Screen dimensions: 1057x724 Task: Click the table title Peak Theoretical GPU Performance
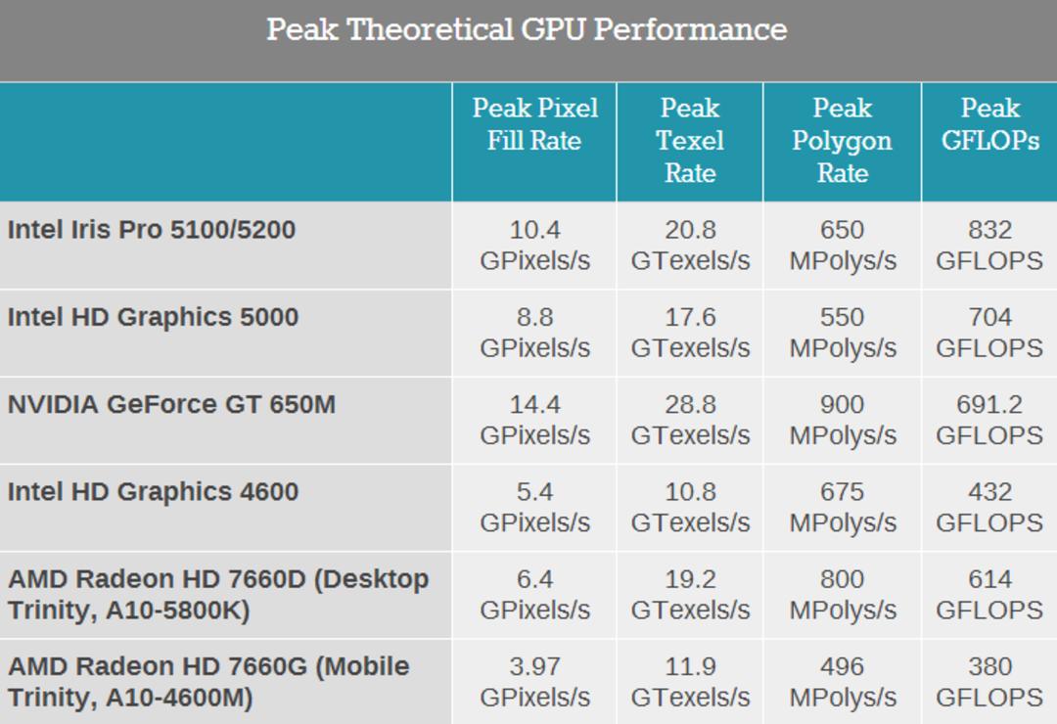[x=527, y=29]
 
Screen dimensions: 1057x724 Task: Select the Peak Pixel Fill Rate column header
[x=534, y=124]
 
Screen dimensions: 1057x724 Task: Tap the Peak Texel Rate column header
[x=690, y=140]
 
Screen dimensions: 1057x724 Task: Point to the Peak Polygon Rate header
[x=842, y=140]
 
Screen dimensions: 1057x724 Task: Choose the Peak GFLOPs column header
[x=990, y=124]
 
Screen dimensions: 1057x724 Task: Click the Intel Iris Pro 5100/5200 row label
[x=152, y=230]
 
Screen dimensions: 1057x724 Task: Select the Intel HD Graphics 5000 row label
[x=153, y=318]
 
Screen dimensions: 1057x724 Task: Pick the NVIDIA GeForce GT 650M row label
[x=171, y=404]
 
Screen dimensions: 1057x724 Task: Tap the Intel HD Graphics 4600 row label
[x=153, y=492]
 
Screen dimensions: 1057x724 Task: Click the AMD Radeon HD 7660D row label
[x=218, y=595]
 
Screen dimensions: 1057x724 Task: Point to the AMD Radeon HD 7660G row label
[x=209, y=682]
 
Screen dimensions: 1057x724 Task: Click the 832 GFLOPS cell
[x=989, y=245]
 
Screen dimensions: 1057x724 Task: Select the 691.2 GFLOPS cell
[x=989, y=420]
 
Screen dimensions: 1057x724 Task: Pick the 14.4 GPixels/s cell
[x=534, y=420]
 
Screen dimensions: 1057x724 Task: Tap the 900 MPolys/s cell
[x=843, y=420]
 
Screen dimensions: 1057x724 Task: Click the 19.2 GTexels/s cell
[x=690, y=594]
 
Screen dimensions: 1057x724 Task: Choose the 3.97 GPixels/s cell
[x=534, y=682]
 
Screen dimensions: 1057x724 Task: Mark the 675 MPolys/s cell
[x=843, y=507]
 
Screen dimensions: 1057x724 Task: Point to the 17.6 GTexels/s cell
[x=690, y=333]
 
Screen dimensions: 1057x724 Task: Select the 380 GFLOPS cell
[x=989, y=682]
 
